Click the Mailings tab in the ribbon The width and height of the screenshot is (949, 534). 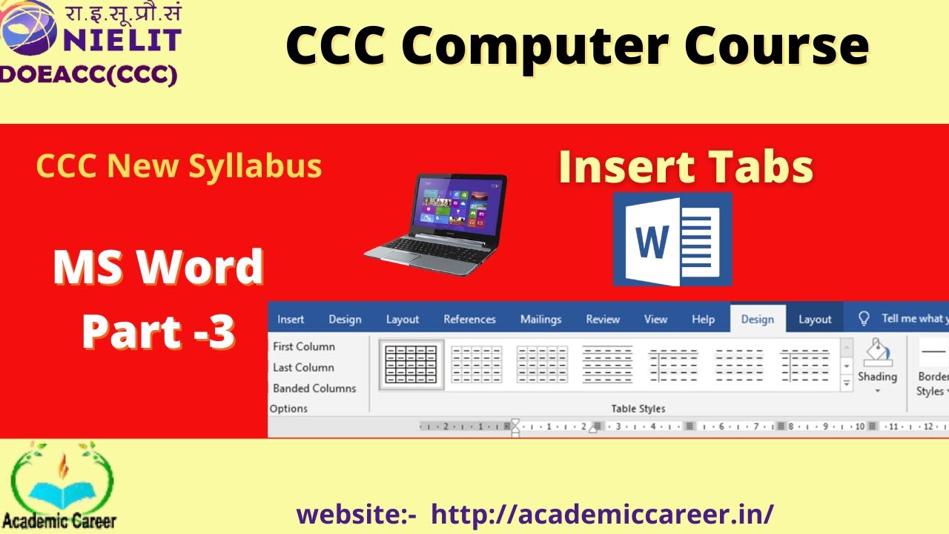pyautogui.click(x=540, y=320)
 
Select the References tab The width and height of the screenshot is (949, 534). pyautogui.click(x=469, y=320)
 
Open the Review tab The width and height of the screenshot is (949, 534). pyautogui.click(x=603, y=320)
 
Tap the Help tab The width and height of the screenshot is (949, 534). pyautogui.click(x=703, y=320)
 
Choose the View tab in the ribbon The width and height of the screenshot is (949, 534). pyautogui.click(x=655, y=320)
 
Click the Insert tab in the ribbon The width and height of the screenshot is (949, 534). pyautogui.click(x=291, y=320)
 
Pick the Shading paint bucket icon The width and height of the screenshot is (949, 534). pyautogui.click(x=878, y=353)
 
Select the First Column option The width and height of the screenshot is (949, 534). pyautogui.click(x=304, y=346)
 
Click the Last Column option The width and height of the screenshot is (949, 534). pyautogui.click(x=303, y=367)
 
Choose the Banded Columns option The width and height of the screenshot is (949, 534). pyautogui.click(x=314, y=388)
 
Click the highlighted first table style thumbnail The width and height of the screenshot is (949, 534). pyautogui.click(x=411, y=364)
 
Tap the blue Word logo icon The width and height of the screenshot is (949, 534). pyautogui.click(x=672, y=239)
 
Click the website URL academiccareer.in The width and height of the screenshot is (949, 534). pyautogui.click(x=602, y=513)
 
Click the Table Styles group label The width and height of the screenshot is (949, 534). pyautogui.click(x=638, y=409)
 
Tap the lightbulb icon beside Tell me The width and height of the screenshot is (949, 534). pyautogui.click(x=864, y=319)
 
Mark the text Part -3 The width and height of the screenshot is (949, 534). pyautogui.click(x=159, y=332)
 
